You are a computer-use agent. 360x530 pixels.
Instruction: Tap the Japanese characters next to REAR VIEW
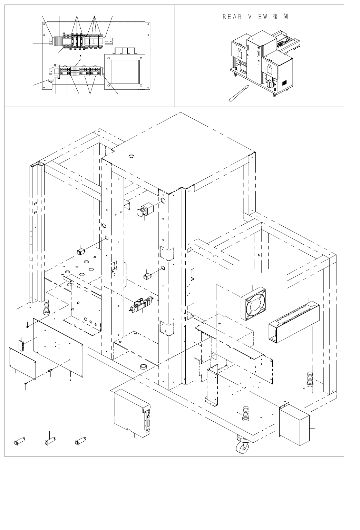click(x=280, y=17)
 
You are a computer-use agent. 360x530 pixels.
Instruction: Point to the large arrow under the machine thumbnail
click(x=237, y=93)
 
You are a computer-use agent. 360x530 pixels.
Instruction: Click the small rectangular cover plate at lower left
click(x=22, y=364)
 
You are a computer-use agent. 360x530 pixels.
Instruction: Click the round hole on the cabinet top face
click(x=131, y=157)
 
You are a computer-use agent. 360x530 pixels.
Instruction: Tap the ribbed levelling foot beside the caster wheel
click(x=245, y=414)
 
